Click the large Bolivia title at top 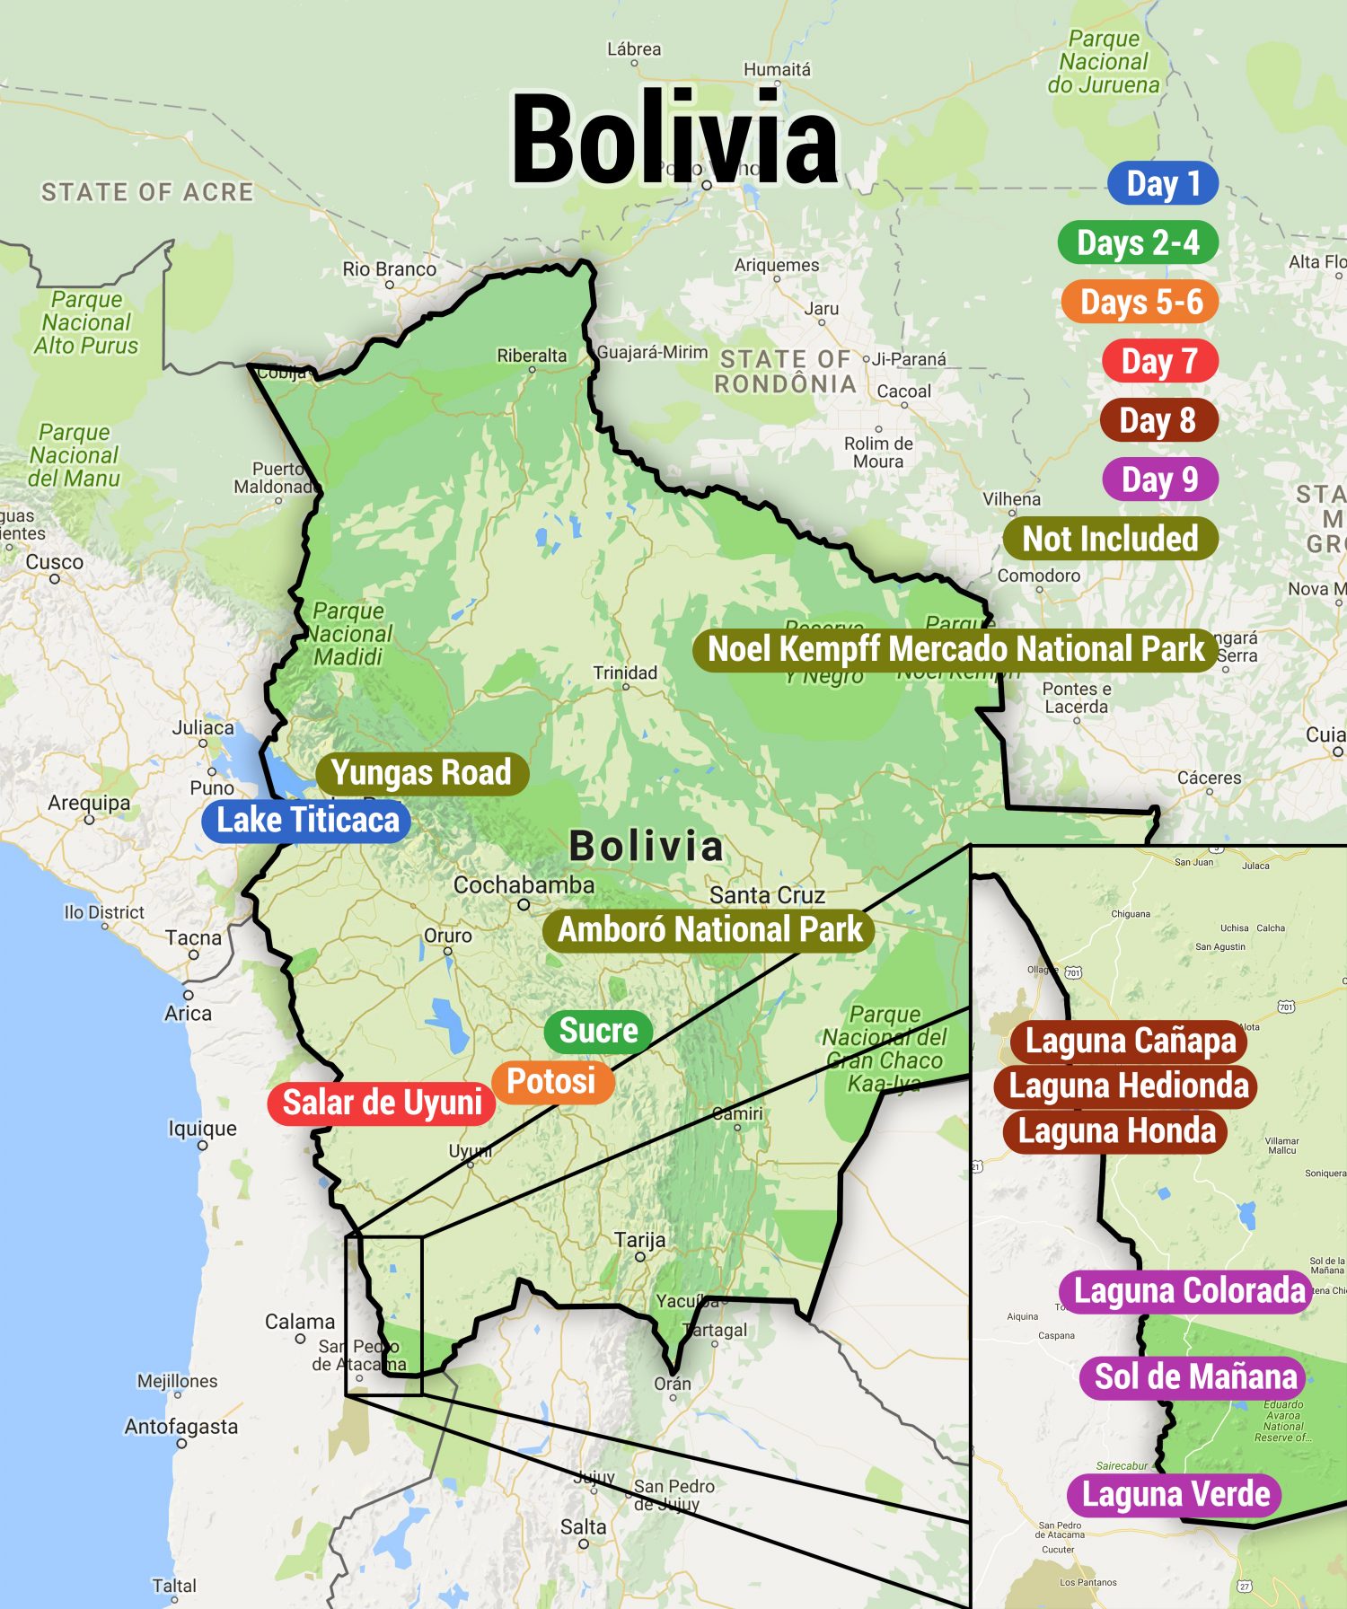click(673, 139)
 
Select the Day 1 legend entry click(1162, 183)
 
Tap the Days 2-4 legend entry click(1138, 242)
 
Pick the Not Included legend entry click(1110, 539)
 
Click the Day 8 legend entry click(1158, 420)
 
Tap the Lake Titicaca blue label click(307, 820)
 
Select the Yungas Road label click(421, 772)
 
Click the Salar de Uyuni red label click(382, 1103)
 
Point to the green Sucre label click(598, 1030)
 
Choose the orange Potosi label click(551, 1081)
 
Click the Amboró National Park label click(709, 929)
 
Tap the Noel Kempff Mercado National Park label click(955, 648)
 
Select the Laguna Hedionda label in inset click(1128, 1086)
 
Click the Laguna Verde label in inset click(1175, 1494)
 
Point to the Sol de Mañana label click(1195, 1376)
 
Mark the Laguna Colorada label click(1188, 1291)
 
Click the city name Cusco click(54, 562)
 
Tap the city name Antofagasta click(181, 1426)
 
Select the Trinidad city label click(625, 673)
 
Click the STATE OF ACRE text click(147, 192)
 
